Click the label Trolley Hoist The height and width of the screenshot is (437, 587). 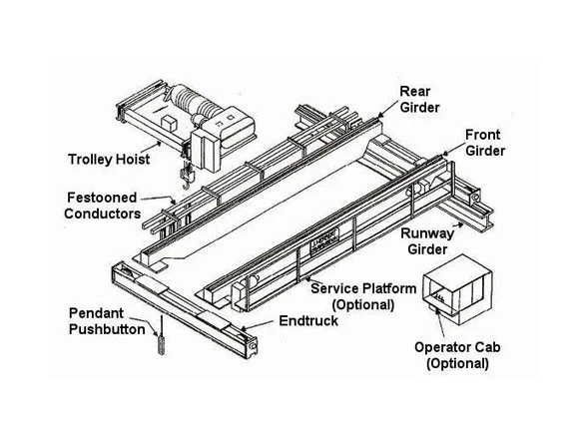click(109, 160)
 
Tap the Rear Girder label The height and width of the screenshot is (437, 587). click(419, 99)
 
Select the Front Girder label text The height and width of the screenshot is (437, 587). click(485, 143)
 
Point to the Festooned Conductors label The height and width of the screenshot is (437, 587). click(102, 206)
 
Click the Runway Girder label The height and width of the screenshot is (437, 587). click(427, 241)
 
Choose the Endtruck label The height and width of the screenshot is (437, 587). click(308, 320)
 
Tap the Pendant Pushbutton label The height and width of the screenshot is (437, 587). click(107, 321)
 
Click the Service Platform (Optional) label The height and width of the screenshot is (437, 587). click(363, 296)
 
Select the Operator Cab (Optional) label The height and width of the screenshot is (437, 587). click(457, 355)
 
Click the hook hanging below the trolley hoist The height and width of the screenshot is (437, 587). click(187, 177)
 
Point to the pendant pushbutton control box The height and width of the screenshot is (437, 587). click(162, 345)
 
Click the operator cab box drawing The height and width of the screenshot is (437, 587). click(457, 290)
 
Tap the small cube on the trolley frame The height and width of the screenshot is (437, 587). click(169, 124)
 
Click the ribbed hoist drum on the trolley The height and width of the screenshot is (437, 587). click(194, 100)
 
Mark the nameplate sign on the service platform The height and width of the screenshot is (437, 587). click(324, 241)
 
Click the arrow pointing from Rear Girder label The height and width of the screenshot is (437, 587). click(387, 109)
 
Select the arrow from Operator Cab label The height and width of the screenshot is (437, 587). click(440, 322)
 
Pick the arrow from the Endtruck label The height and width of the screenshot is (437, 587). click(258, 325)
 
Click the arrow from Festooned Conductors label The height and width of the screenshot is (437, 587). click(159, 200)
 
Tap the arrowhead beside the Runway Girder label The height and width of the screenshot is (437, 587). click(458, 224)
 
